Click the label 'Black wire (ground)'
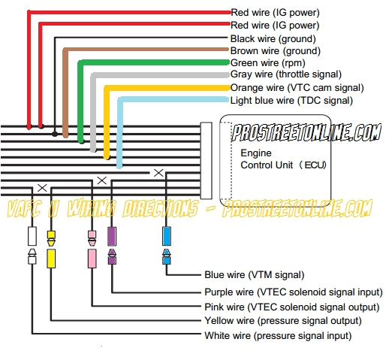coord(273,38)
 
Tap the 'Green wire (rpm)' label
coord(268,62)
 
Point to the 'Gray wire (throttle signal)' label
coord(286,74)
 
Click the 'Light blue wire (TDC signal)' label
coord(291,100)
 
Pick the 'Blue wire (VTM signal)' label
coord(254,275)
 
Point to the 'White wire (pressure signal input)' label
coord(278,335)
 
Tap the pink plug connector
coord(92,248)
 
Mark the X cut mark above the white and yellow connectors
coord(42,187)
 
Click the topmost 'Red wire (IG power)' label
coord(275,13)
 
